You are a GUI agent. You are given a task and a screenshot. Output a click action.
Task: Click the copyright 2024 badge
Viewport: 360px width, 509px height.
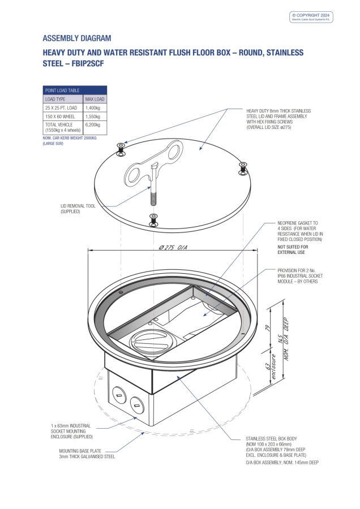tap(312, 17)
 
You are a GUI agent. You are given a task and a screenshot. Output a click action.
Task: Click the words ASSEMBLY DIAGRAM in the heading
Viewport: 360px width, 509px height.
tap(77, 38)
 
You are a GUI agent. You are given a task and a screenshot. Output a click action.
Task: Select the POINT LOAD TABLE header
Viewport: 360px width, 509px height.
tap(62, 90)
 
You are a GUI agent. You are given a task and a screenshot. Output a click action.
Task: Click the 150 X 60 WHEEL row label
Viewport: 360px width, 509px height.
tap(61, 116)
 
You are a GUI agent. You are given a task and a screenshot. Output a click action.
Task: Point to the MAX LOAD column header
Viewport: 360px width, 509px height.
tap(95, 99)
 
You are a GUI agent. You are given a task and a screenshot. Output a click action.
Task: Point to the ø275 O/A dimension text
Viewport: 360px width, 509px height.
tap(174, 247)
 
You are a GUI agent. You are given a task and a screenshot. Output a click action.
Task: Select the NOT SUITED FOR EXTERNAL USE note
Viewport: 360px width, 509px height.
tap(293, 249)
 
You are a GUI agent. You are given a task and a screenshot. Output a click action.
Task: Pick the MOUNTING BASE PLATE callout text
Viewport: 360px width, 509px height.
tap(87, 454)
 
